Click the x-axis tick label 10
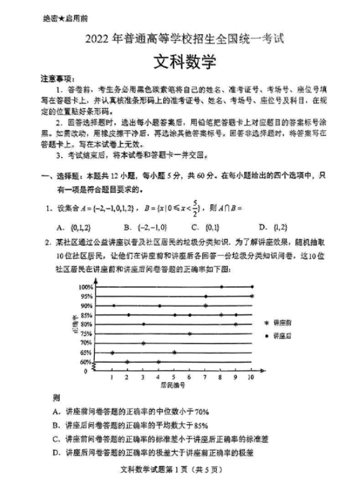click(x=251, y=377)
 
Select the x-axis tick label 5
click(x=174, y=377)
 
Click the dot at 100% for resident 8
click(x=220, y=287)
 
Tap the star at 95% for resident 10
click(x=252, y=296)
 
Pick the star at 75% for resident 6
click(x=190, y=334)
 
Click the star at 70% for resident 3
click(x=143, y=343)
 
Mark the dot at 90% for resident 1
click(x=113, y=305)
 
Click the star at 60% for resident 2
click(x=128, y=361)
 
